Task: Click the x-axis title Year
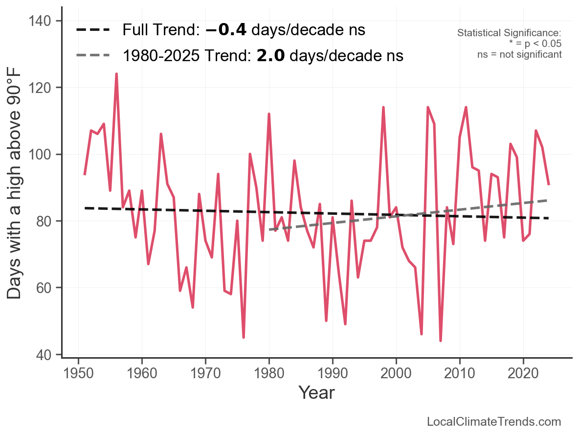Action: [316, 392]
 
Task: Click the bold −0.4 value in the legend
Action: [226, 30]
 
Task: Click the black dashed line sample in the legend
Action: [93, 30]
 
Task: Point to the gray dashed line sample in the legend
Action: [93, 56]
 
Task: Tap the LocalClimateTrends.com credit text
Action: [494, 422]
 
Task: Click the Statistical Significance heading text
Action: [509, 33]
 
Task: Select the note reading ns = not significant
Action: [519, 54]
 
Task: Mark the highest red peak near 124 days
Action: [116, 74]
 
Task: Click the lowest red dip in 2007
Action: [441, 341]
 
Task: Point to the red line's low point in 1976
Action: [244, 337]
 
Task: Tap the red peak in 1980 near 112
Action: [269, 114]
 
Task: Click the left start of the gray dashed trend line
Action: [270, 229]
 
